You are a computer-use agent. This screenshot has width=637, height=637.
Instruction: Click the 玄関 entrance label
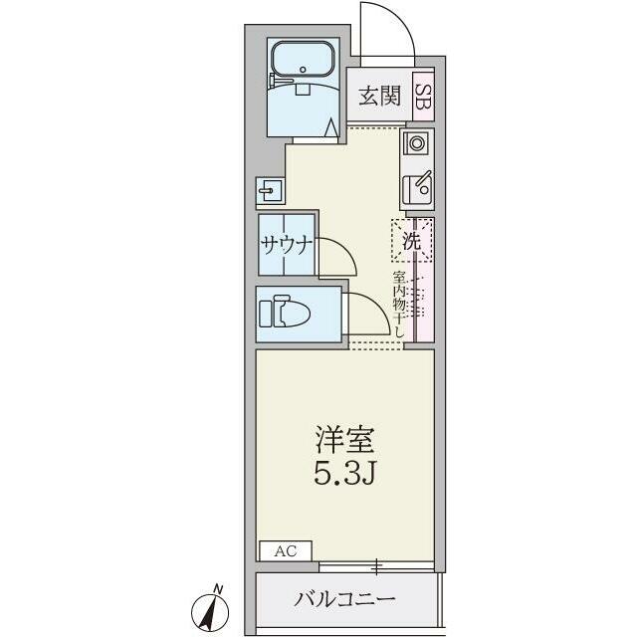[379, 96]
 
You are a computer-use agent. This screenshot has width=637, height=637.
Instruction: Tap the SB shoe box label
[424, 97]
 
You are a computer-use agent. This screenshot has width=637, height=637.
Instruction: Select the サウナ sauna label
[288, 245]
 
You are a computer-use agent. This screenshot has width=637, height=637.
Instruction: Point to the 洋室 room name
[344, 440]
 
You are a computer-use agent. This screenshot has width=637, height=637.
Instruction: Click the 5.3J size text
[343, 474]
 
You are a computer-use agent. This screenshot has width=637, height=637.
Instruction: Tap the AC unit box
[286, 550]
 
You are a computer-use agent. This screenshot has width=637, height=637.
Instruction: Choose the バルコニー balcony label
[344, 599]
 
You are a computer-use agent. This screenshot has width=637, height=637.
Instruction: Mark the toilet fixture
[285, 312]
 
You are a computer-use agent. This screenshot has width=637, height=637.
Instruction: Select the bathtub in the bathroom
[303, 60]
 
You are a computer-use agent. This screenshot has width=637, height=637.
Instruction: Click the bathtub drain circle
[303, 70]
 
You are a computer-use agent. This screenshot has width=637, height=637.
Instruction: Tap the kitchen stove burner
[416, 143]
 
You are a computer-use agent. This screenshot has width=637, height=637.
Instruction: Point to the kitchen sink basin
[417, 188]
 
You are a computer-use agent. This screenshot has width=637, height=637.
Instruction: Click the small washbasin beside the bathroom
[271, 190]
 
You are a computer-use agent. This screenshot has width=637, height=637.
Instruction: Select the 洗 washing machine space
[411, 241]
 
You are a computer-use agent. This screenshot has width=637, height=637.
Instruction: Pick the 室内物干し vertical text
[398, 305]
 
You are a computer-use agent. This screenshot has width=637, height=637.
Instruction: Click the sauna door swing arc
[346, 251]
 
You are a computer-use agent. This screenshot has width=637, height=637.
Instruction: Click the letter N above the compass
[218, 588]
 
